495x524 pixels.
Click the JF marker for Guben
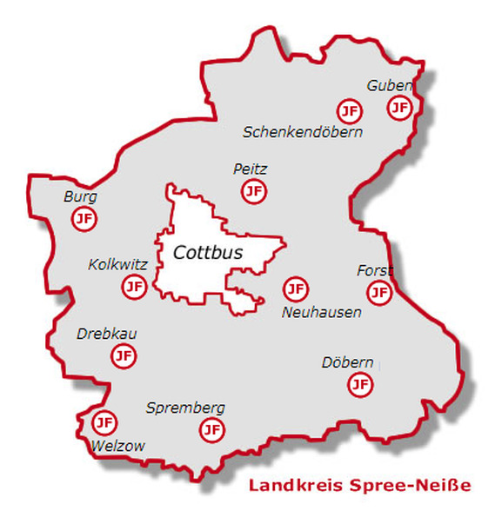click(399, 108)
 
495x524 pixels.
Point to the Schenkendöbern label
click(302, 132)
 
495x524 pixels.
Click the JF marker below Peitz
click(253, 191)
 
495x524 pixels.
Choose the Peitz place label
click(251, 169)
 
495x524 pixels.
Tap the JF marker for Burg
click(84, 219)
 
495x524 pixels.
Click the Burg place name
click(80, 197)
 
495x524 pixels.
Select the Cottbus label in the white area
click(208, 253)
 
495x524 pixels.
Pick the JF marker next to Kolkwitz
click(134, 286)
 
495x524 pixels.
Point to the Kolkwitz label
click(118, 265)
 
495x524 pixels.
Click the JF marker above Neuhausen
click(295, 289)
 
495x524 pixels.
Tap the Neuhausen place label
click(322, 312)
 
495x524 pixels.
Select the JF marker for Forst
click(379, 292)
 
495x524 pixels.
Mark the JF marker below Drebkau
click(124, 355)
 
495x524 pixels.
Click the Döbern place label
click(347, 362)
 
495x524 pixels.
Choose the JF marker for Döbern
click(360, 384)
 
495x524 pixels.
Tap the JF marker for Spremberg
click(211, 428)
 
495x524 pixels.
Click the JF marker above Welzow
click(104, 423)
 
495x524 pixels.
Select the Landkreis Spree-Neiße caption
click(359, 485)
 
